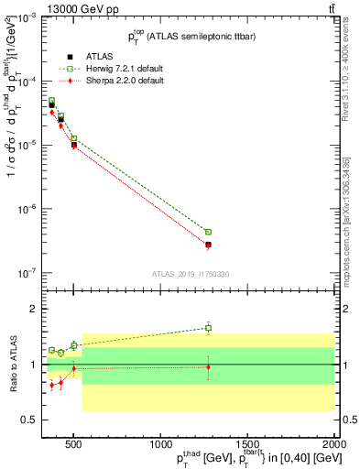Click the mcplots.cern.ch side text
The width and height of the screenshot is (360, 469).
[x=352, y=220]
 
